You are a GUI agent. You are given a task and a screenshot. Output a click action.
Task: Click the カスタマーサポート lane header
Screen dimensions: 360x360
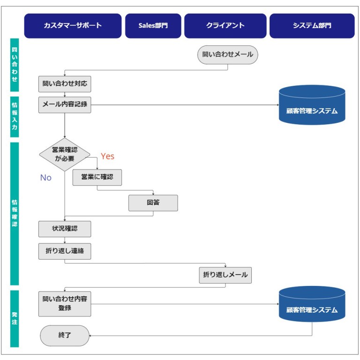coord(73,26)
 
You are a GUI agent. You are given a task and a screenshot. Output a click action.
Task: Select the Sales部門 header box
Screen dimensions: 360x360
coord(153,26)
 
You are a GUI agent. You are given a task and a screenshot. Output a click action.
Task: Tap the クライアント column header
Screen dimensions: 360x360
coord(225,26)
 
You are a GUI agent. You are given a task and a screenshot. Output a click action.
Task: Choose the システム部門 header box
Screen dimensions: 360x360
coord(312,26)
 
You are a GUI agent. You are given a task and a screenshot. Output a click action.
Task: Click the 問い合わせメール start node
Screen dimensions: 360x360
coord(228,54)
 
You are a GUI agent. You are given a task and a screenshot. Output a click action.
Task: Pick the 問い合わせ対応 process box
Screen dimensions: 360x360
coord(64,84)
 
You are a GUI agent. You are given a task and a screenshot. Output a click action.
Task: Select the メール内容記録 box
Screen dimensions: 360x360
coord(64,105)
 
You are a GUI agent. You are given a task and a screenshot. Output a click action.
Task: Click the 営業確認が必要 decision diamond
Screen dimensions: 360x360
coord(64,154)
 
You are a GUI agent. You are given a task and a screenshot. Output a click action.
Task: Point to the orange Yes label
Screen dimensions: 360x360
coord(107,156)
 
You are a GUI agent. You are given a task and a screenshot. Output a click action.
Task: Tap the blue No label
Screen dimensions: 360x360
coord(45,178)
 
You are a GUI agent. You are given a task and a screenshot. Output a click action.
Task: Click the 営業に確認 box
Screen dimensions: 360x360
coord(97,178)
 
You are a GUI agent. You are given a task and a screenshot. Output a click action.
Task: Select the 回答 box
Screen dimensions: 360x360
coord(153,203)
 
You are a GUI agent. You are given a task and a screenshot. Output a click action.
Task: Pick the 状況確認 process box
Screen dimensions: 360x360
coord(64,229)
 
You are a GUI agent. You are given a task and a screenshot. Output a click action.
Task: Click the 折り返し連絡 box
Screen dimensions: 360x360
coord(64,251)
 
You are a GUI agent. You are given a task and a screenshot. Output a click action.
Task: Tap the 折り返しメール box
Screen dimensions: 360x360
coord(225,275)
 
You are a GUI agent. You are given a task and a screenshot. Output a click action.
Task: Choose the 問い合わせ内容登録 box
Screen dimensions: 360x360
coord(64,304)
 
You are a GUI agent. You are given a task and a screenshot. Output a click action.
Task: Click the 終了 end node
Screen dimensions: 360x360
coord(64,336)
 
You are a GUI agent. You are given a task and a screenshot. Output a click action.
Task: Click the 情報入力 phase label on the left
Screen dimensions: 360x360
coord(15,117)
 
